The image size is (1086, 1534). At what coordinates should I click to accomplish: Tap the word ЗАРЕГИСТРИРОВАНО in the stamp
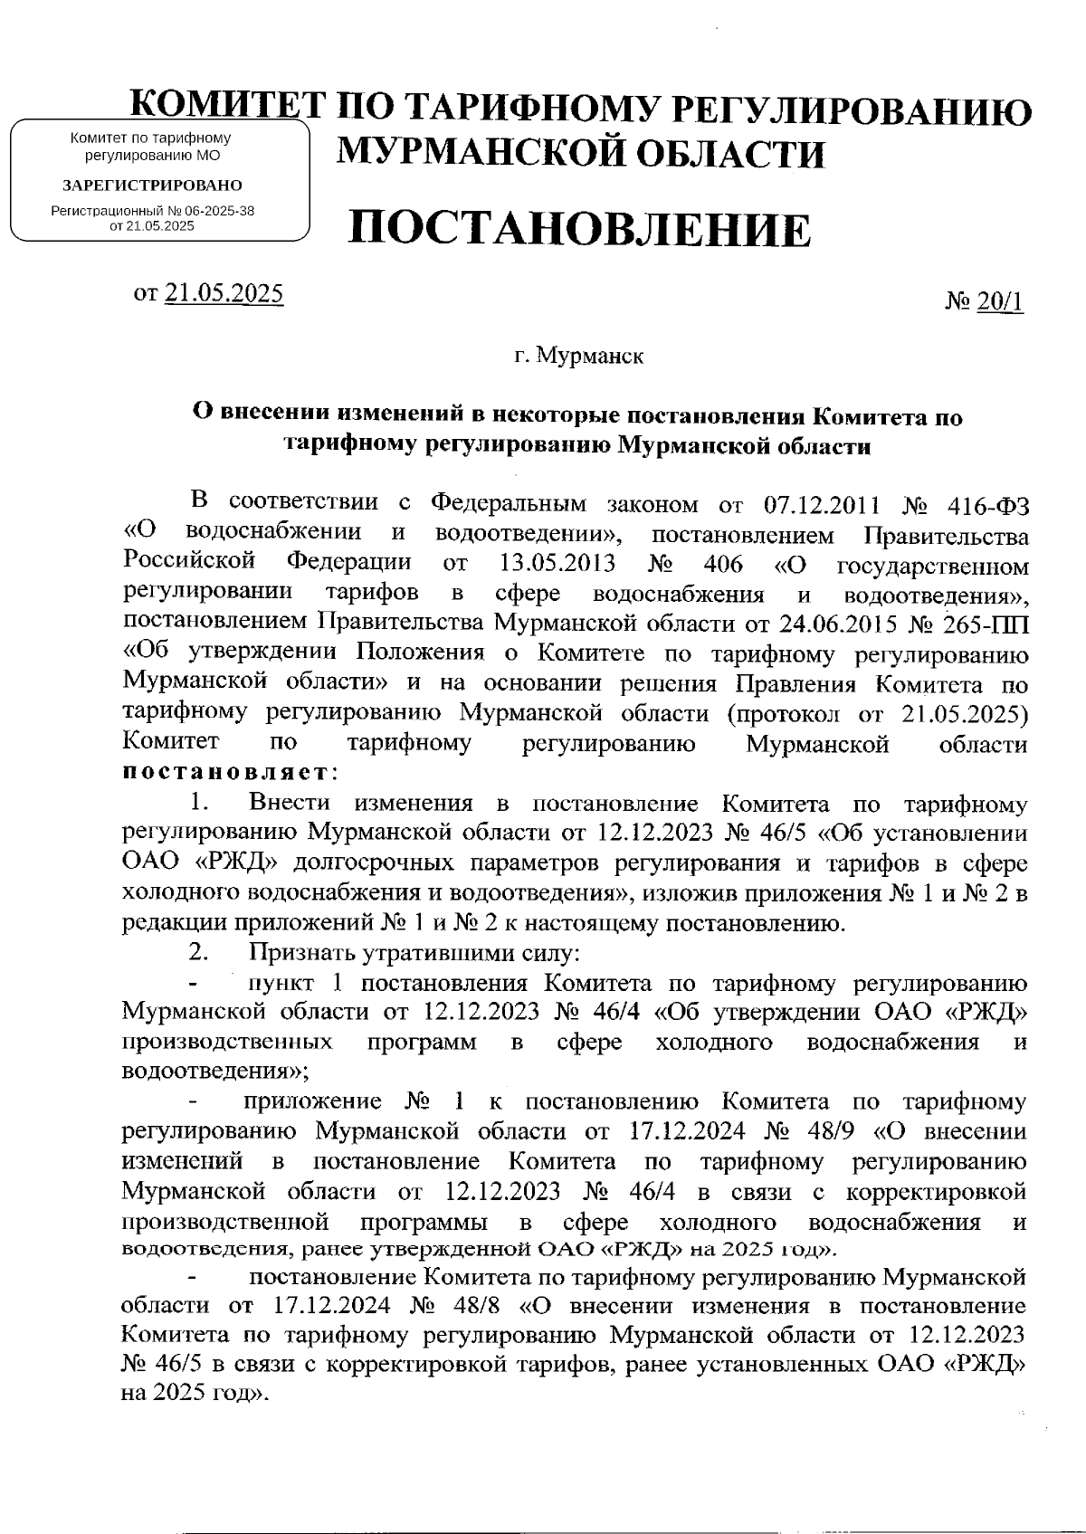[151, 186]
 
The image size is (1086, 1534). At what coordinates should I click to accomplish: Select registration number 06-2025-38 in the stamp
[219, 211]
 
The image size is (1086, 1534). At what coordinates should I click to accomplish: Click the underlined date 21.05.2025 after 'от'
[224, 293]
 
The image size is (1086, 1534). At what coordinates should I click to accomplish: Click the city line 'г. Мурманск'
[579, 356]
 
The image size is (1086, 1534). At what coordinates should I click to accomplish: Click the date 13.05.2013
[557, 565]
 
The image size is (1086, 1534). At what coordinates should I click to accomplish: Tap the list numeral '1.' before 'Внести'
[200, 804]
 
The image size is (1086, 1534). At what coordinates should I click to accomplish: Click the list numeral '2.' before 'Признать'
[200, 953]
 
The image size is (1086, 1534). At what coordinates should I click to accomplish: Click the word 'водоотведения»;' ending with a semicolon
[215, 1072]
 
